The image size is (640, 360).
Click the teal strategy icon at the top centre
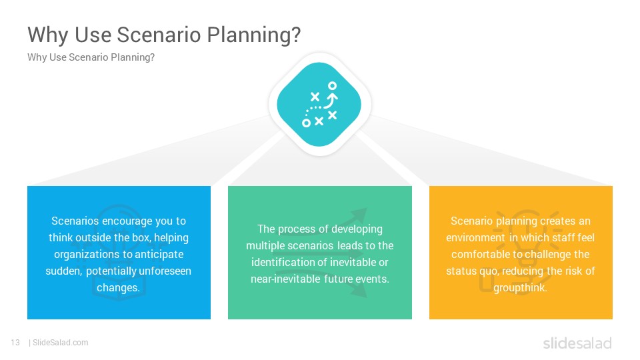[319, 104]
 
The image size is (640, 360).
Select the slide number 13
[15, 343]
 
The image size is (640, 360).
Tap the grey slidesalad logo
[577, 343]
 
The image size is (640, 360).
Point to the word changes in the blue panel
[118, 288]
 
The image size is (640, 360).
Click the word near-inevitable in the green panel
[286, 279]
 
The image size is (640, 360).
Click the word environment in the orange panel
[475, 237]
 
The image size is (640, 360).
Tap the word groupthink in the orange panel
[520, 288]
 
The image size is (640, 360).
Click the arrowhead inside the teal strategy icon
[333, 98]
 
